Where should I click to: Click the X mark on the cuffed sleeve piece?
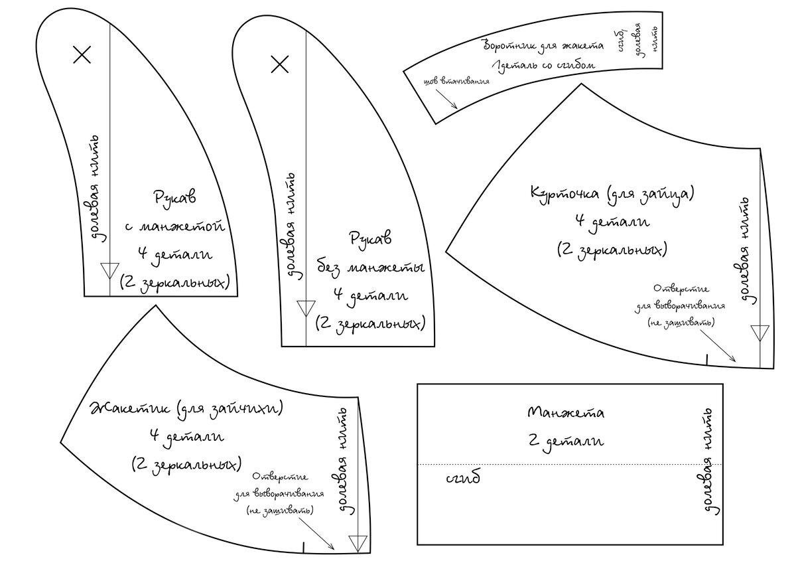[x=82, y=54]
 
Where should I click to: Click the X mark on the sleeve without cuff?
[x=280, y=64]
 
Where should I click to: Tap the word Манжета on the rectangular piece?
[x=565, y=412]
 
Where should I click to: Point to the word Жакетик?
[x=130, y=409]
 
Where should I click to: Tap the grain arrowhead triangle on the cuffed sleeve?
[x=110, y=271]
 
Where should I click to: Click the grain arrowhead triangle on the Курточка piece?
[x=760, y=333]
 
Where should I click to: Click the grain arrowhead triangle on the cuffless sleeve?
[x=306, y=308]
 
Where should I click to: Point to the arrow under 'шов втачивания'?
[x=446, y=98]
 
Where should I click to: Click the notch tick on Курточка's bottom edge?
[x=707, y=359]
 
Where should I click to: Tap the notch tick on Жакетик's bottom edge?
[x=304, y=547]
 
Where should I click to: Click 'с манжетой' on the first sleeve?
[x=175, y=226]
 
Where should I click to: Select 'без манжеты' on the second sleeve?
[x=371, y=268]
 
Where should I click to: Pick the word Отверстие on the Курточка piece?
[x=681, y=289]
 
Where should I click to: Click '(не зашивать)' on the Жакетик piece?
[x=280, y=511]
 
